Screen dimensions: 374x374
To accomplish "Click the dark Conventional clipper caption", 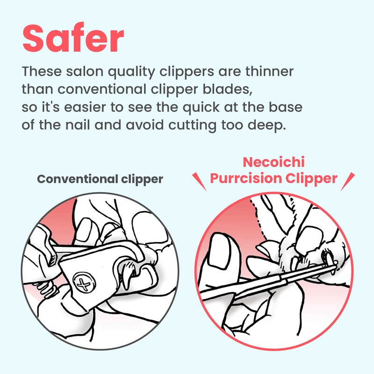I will pos(100,180).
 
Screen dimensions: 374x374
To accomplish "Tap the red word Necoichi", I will pos(274,163).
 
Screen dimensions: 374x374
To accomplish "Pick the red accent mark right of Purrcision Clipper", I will pos(348,181).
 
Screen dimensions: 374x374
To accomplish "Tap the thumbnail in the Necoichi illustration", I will pos(219,253).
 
